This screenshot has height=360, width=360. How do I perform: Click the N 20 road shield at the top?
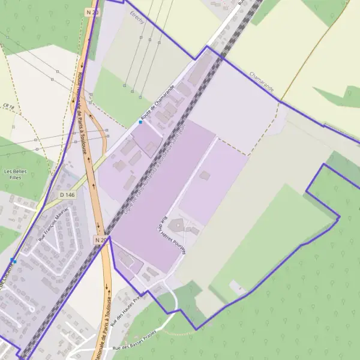coord(91,11)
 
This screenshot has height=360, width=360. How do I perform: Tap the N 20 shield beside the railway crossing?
coord(100,240)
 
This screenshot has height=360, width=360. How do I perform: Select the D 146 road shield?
coord(67,195)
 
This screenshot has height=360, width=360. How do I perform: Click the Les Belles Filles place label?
coord(16,175)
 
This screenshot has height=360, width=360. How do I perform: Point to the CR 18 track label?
coord(8,107)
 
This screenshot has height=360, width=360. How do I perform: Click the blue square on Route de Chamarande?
coord(140,122)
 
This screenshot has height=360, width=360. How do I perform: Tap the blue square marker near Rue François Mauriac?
coord(13,260)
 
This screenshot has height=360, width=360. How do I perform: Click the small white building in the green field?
coord(238,287)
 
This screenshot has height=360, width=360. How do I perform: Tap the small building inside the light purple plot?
coord(205,176)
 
